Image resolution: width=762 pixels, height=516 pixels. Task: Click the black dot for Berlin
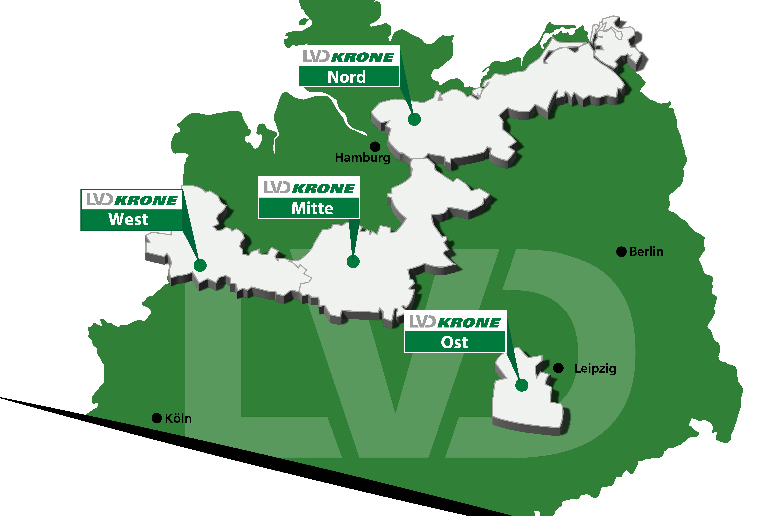coord(621,252)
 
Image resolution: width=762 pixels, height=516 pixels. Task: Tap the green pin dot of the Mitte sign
coord(353,261)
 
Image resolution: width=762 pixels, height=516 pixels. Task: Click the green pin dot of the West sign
coord(200,265)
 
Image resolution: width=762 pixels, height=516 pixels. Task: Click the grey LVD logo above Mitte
coord(277,187)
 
